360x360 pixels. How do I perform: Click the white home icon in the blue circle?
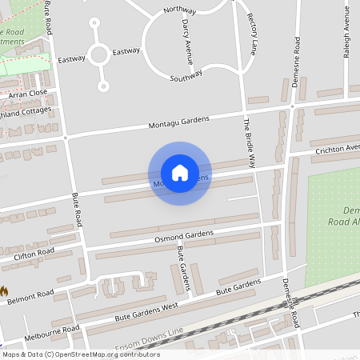[179, 173]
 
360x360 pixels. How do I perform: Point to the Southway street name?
[186, 76]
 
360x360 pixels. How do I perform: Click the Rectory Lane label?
[251, 31]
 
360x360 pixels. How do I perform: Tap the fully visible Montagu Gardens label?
[178, 122]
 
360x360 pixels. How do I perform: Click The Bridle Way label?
[249, 142]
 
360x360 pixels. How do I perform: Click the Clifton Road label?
[34, 254]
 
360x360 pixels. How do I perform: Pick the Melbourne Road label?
[52, 330]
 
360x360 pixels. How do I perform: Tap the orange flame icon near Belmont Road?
[4, 291]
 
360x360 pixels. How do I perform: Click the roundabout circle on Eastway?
[99, 54]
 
